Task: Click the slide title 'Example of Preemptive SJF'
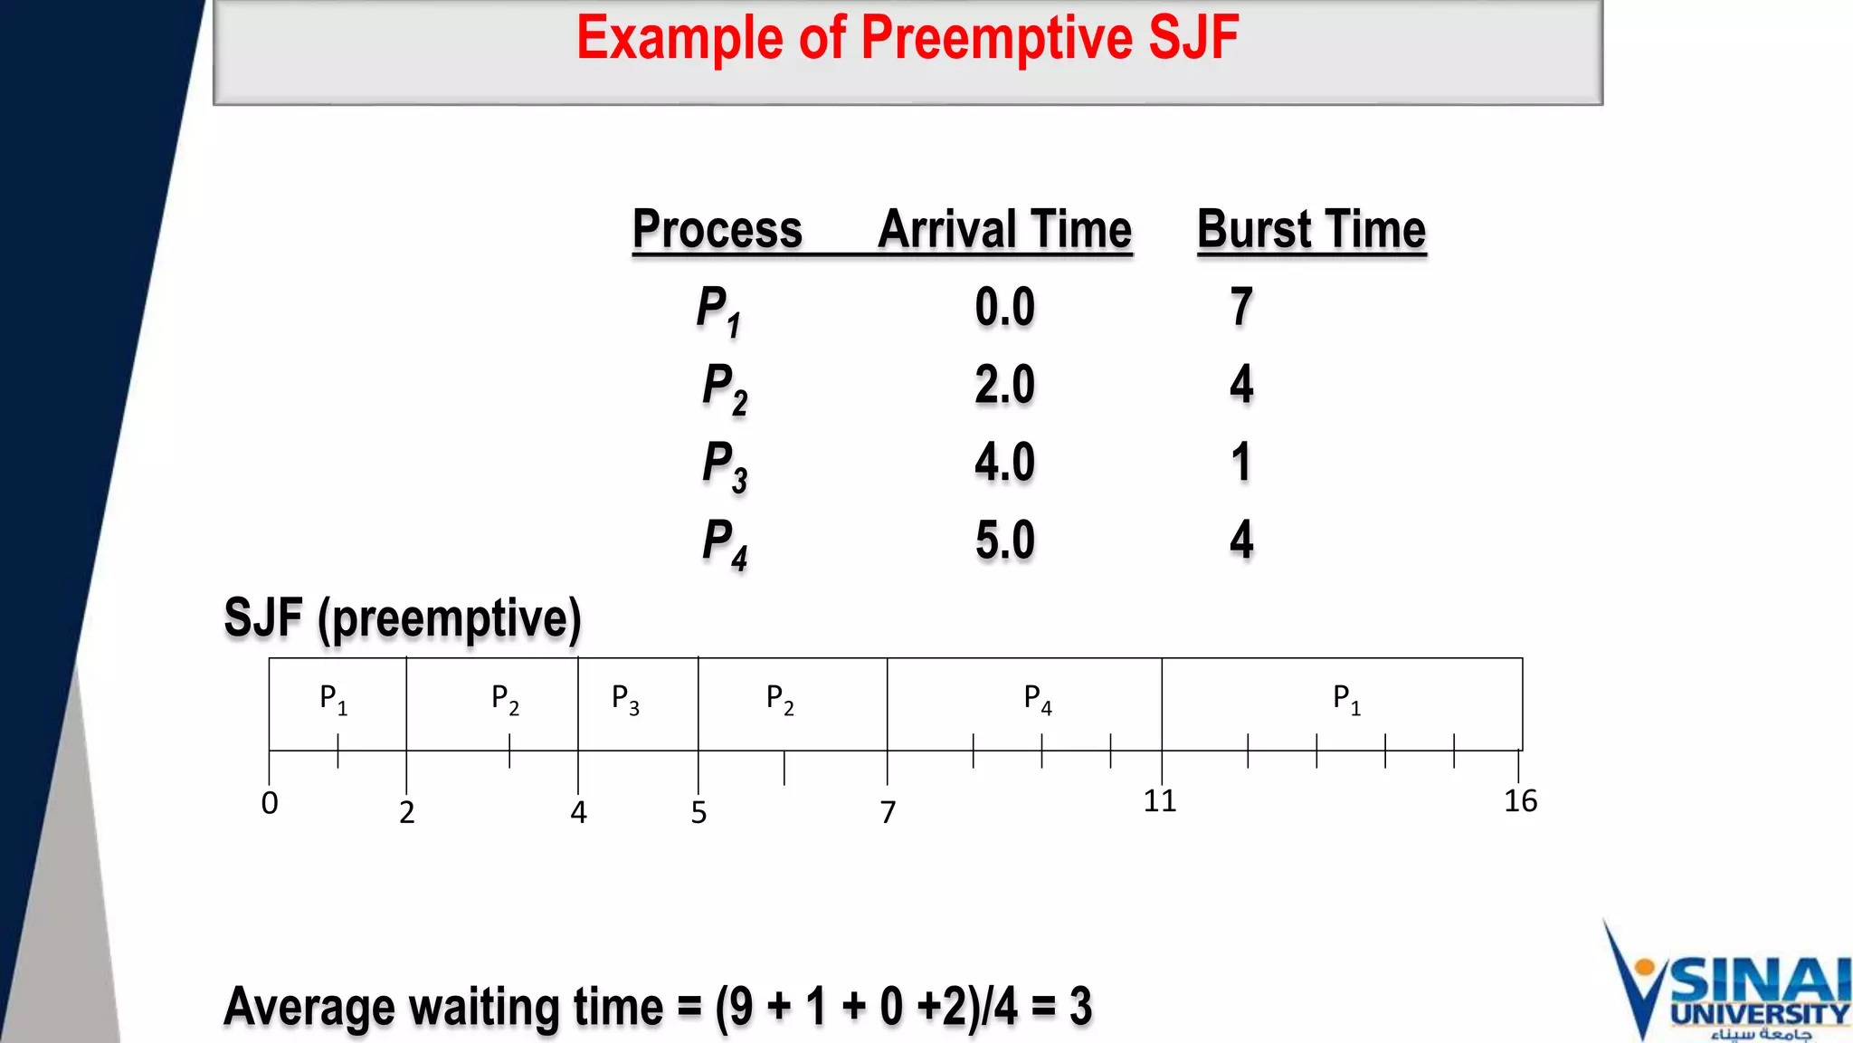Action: [907, 38]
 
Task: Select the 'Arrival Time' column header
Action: [1004, 229]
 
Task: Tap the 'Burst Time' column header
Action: [1311, 229]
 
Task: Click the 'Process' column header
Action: [717, 229]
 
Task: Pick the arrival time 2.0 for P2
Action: [1004, 385]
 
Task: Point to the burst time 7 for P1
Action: [1241, 307]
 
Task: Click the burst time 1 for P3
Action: [1241, 463]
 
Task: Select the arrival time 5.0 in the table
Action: [1004, 541]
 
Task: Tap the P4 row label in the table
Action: [724, 543]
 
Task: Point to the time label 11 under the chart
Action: [1160, 801]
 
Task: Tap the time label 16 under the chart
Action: [1520, 801]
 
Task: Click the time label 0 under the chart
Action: [270, 803]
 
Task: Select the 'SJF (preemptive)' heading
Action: [403, 619]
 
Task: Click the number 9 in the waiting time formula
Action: [742, 1007]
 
